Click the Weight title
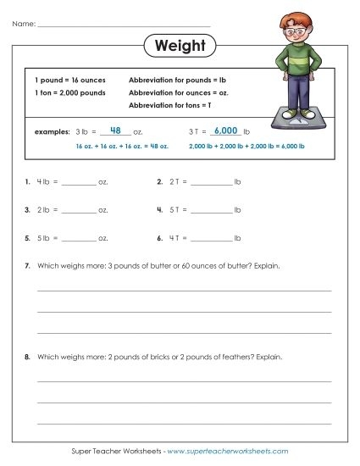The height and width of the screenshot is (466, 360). [180, 45]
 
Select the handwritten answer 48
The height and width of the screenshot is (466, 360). [117, 130]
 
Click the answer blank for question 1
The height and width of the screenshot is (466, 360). [80, 182]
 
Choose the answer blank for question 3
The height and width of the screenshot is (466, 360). [80, 209]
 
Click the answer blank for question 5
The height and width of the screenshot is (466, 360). [80, 238]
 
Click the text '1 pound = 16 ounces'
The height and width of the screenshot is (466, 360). [64, 78]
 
